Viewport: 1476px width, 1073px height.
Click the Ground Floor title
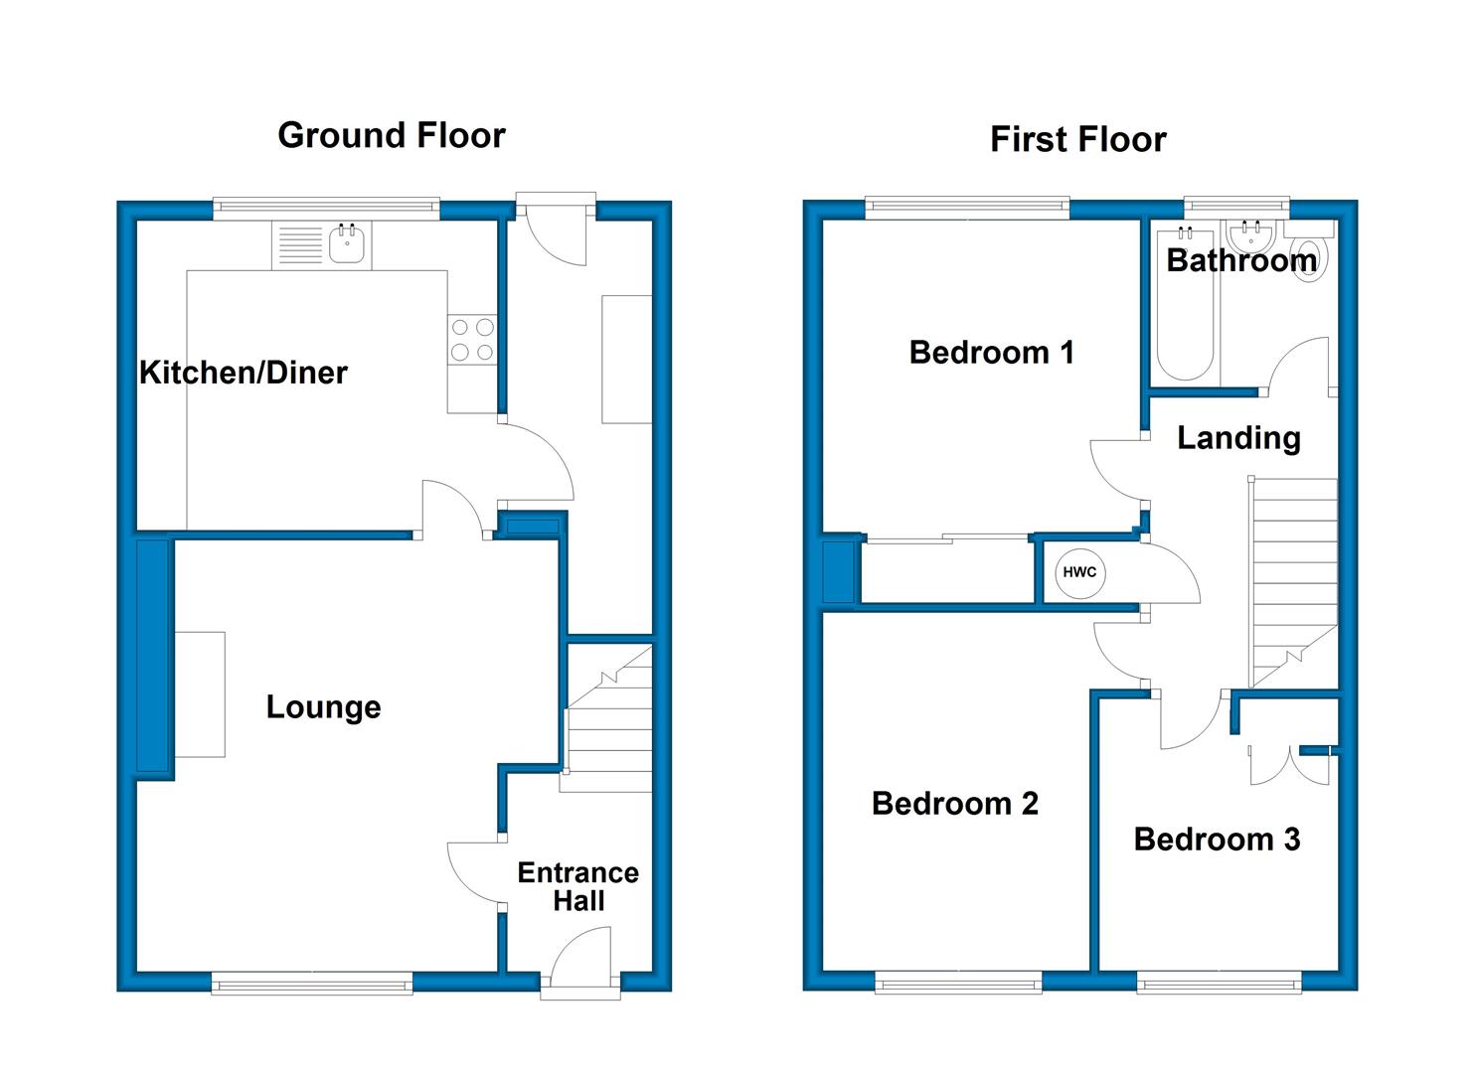[x=392, y=136]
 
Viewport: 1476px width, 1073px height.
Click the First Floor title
[x=1078, y=140]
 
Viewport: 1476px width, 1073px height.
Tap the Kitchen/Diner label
[x=244, y=373]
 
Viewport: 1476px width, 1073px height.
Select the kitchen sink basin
[x=347, y=243]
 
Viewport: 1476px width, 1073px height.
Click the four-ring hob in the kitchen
[x=472, y=340]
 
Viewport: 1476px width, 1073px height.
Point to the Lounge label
[x=324, y=707]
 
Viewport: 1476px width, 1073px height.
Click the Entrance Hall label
[x=577, y=886]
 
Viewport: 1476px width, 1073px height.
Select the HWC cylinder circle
[x=1080, y=572]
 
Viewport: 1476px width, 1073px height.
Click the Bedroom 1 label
[x=992, y=353]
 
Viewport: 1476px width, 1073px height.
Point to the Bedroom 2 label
[x=955, y=804]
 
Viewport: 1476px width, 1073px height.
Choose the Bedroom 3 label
[x=1217, y=840]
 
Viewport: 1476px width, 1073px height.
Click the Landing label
[x=1238, y=438]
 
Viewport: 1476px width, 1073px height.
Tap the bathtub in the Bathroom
[x=1186, y=304]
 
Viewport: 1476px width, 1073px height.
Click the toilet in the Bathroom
[x=1309, y=253]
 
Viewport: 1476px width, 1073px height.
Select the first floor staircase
[x=1293, y=582]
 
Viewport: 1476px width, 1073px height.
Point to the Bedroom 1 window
[x=967, y=208]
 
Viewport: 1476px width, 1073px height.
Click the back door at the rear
[x=557, y=230]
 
